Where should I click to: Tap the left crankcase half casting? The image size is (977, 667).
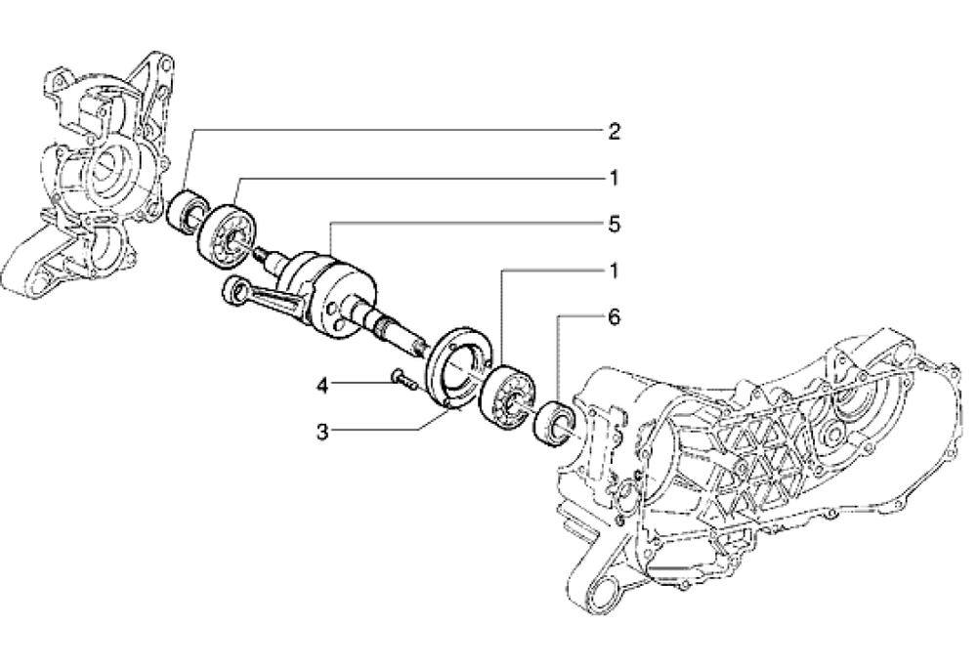point(88,186)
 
